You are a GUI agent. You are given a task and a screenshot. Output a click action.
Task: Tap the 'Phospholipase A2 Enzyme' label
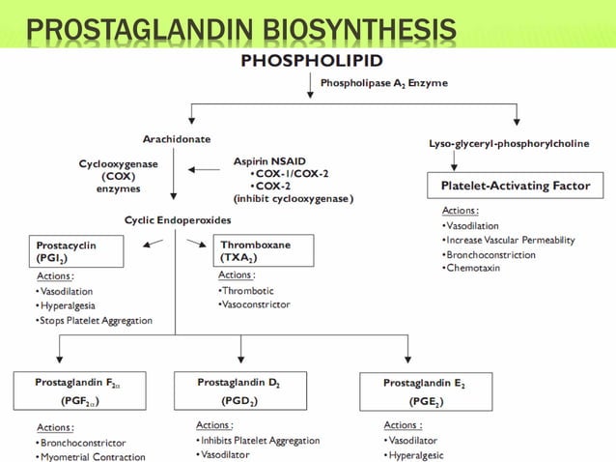click(x=383, y=83)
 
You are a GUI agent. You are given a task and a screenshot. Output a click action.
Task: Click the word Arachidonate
click(x=175, y=139)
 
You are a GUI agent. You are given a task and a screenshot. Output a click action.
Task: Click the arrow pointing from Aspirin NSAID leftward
click(x=204, y=169)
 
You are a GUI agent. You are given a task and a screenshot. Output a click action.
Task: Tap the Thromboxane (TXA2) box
click(x=265, y=252)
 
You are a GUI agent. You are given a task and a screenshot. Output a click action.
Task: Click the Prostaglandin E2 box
click(x=424, y=391)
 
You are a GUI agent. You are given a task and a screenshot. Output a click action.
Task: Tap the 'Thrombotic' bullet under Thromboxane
click(x=248, y=290)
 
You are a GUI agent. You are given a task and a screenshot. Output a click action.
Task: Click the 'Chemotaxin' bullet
click(x=477, y=267)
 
